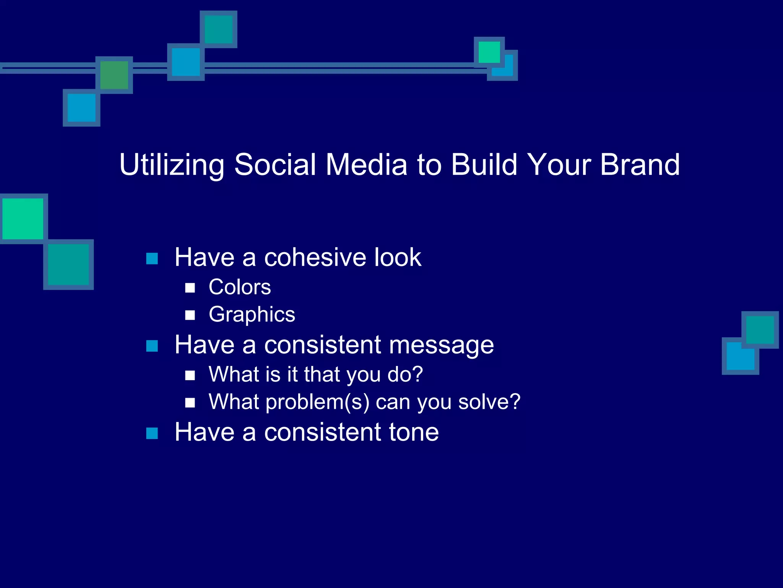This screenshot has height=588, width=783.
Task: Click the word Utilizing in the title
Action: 172,165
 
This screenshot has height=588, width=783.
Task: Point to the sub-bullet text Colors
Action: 240,287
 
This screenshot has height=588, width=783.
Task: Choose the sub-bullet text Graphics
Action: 252,315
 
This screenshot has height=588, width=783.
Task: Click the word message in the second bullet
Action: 441,345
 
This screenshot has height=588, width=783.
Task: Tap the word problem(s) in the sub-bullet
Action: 317,402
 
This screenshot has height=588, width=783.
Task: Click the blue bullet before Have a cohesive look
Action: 152,259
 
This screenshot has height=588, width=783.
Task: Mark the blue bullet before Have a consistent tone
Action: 152,433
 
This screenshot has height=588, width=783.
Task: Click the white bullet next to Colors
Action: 190,288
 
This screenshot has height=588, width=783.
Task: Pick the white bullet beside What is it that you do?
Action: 190,375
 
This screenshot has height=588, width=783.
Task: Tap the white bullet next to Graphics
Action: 190,315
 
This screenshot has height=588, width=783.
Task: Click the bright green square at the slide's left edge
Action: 23,219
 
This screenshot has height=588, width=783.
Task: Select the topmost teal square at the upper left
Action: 218,29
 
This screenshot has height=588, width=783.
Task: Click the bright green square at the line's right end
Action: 489,52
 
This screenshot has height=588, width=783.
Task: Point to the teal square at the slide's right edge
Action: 760,330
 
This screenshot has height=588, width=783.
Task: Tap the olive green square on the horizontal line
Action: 114,75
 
